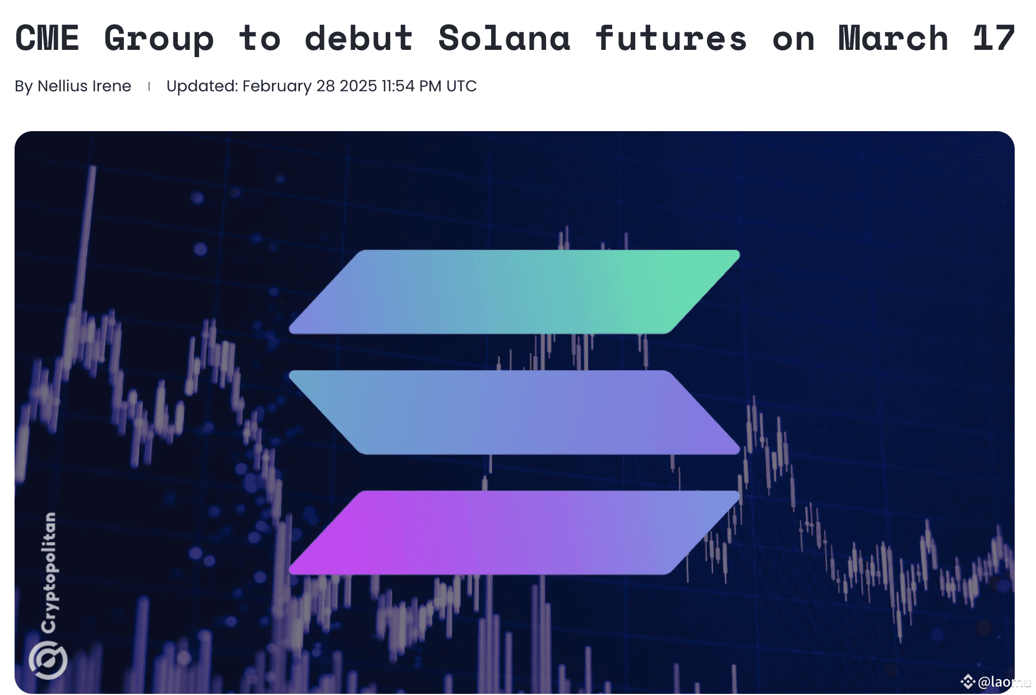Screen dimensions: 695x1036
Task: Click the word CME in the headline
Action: tap(47, 38)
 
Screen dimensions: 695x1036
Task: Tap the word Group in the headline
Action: tap(159, 39)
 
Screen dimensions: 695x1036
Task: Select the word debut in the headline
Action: tap(359, 38)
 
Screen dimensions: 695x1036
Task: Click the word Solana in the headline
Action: tap(504, 38)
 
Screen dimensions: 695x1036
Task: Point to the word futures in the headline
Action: tap(671, 38)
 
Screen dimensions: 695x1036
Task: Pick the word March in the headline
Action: tap(893, 38)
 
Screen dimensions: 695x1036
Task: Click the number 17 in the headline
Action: tap(993, 38)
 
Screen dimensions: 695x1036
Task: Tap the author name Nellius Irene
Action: tap(84, 86)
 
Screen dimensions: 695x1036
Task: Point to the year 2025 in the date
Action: tap(358, 86)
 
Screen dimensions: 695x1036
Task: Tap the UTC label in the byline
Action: tap(461, 86)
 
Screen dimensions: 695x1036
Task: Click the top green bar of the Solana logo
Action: tap(514, 292)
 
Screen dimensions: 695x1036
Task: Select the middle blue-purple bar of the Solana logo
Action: tap(514, 412)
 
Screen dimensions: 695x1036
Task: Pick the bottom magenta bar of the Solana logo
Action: tap(514, 532)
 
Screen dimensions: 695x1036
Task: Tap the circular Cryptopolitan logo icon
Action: tap(48, 660)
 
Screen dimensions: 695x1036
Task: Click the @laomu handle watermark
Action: tap(1001, 682)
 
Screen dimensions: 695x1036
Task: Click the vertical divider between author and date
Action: tap(149, 86)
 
